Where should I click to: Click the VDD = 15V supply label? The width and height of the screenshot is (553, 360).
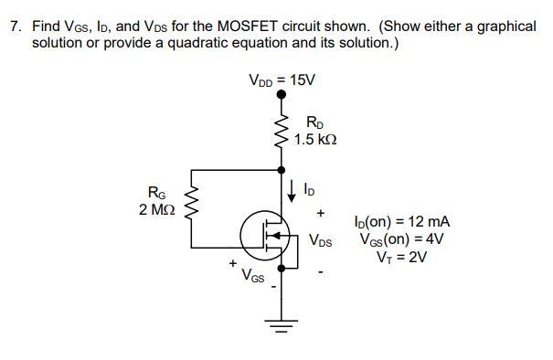(x=281, y=79)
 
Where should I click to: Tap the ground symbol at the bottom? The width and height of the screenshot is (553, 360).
(x=281, y=326)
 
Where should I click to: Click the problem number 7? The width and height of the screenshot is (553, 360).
(x=15, y=26)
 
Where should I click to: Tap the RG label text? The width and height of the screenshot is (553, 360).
(x=156, y=192)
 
